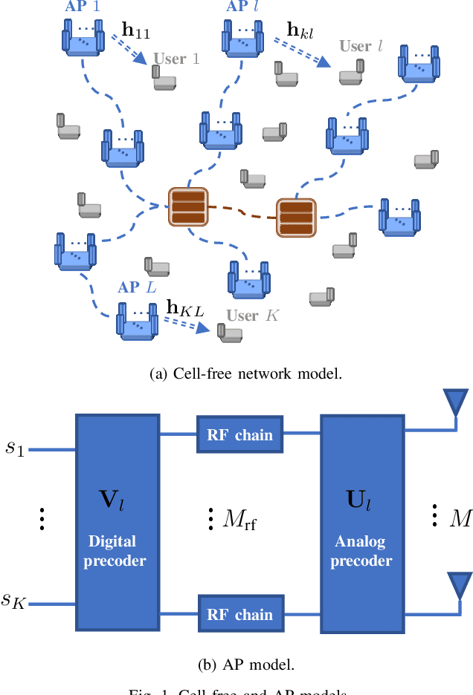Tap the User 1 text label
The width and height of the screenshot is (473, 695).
pyautogui.click(x=176, y=59)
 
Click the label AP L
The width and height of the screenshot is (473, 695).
pyautogui.click(x=137, y=287)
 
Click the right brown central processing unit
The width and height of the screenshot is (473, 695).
pyautogui.click(x=296, y=217)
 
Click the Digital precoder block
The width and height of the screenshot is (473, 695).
pyautogui.click(x=117, y=523)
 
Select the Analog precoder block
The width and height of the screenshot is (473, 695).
pyautogui.click(x=361, y=523)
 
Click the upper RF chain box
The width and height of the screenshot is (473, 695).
pyautogui.click(x=239, y=434)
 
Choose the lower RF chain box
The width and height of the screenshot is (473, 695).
pyautogui.click(x=239, y=614)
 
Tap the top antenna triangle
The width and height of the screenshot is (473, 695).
pyautogui.click(x=454, y=403)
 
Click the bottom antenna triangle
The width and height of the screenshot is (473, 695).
pyautogui.click(x=454, y=584)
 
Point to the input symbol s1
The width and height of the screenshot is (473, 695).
pyautogui.click(x=16, y=448)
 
